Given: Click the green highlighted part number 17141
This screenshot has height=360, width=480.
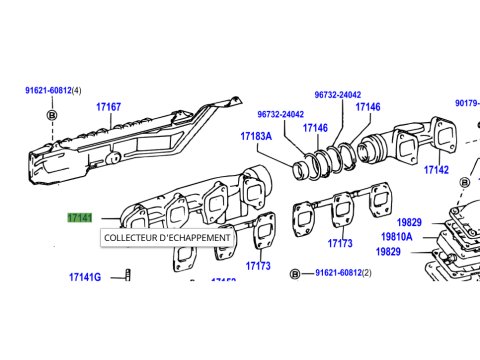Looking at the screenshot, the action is (80, 218).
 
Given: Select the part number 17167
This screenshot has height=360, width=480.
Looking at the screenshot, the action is (108, 107).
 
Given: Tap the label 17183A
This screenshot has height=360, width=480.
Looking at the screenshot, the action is (256, 136).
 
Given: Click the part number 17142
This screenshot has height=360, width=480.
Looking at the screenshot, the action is (436, 170).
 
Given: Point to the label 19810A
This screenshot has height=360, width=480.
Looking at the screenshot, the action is (397, 237).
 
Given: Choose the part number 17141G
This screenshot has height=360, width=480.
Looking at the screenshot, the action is (85, 277).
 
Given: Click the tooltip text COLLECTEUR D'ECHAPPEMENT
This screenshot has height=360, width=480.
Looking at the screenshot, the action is (167, 238).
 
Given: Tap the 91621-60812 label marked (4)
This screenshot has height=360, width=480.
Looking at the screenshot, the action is (53, 90).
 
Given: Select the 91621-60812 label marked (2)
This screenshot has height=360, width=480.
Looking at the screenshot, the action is (343, 273).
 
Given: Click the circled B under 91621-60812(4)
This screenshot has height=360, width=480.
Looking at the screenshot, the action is (52, 115).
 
